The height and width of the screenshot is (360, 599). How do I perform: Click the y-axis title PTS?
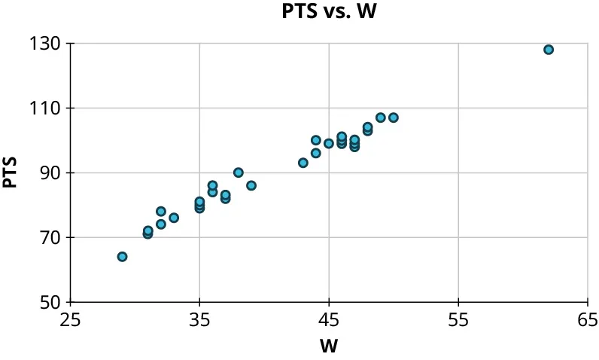coord(11,172)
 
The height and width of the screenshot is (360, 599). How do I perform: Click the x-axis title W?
coord(329,346)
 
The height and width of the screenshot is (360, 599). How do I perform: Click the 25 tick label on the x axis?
coord(71,321)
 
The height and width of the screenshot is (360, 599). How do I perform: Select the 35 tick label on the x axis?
coord(199,321)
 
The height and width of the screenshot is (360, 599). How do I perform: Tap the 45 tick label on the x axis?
coord(329,321)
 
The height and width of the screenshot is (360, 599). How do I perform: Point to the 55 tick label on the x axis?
coord(458,321)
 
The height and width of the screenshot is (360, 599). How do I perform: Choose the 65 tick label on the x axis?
coord(587,321)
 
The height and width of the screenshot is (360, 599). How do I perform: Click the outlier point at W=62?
coord(549,50)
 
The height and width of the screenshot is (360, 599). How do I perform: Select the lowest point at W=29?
coord(122,257)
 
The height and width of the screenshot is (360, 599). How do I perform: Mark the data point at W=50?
coord(394,117)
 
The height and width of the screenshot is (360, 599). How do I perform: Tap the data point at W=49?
coord(381,117)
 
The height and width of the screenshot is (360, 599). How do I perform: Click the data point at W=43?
coord(303,163)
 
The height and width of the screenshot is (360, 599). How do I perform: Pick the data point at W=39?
coord(251,185)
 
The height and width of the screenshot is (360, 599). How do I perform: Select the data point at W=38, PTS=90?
coord(239,172)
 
